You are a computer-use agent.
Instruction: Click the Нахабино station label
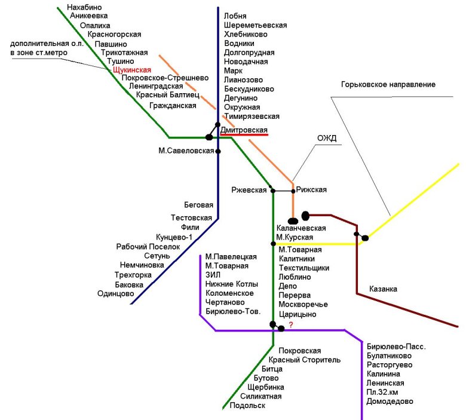click(x=87, y=6)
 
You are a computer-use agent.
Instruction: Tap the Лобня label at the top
click(x=235, y=16)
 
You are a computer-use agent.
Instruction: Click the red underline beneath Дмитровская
click(x=244, y=135)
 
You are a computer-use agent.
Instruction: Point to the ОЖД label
click(x=327, y=139)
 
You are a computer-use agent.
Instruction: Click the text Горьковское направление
click(x=388, y=85)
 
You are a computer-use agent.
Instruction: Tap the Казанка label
click(x=382, y=289)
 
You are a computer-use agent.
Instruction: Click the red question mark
click(x=291, y=324)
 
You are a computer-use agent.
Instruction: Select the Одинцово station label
click(x=115, y=293)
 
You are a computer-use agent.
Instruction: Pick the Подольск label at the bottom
click(x=247, y=406)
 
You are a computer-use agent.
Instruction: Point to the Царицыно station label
click(x=297, y=314)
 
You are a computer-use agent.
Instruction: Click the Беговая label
click(x=199, y=204)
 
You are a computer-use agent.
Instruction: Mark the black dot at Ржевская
click(x=272, y=191)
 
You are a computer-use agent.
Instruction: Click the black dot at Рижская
click(x=293, y=191)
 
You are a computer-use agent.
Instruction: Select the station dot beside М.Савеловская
click(x=218, y=151)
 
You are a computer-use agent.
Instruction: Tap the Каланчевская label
click(x=301, y=228)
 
